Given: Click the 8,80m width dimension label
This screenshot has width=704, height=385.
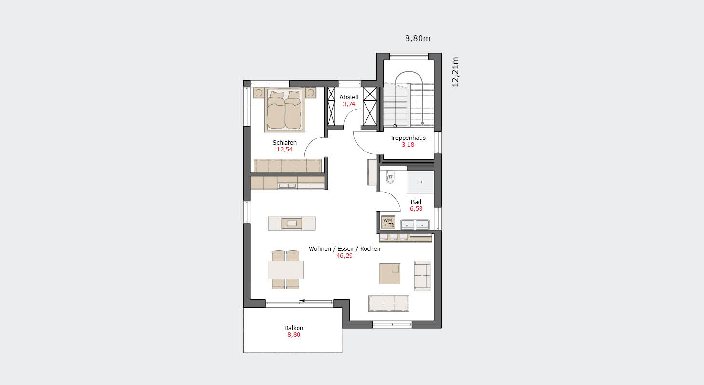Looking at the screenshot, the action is pyautogui.click(x=418, y=39).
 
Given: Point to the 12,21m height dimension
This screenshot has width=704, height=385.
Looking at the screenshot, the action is pyautogui.click(x=455, y=72).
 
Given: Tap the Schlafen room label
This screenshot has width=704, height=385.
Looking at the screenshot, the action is pyautogui.click(x=284, y=142).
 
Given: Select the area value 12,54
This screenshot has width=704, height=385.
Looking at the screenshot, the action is pyautogui.click(x=284, y=150).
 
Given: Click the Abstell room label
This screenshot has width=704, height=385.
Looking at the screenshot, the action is pyautogui.click(x=349, y=97).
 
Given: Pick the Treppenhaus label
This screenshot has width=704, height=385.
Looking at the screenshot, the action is pyautogui.click(x=407, y=138).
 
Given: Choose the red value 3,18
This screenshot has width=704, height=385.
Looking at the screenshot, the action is pyautogui.click(x=407, y=145).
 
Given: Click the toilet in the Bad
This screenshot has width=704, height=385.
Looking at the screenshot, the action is pyautogui.click(x=390, y=177).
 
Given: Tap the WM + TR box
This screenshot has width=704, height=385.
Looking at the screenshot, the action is pyautogui.click(x=388, y=222).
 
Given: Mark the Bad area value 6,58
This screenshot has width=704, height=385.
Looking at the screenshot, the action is pyautogui.click(x=416, y=209).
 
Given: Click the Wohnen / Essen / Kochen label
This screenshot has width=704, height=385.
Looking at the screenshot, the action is pyautogui.click(x=344, y=249).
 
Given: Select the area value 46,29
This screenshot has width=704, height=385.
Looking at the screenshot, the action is pyautogui.click(x=344, y=256).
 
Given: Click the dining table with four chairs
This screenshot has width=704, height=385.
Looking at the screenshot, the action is pyautogui.click(x=285, y=270).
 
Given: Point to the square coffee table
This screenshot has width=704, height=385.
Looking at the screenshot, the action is pyautogui.click(x=390, y=274).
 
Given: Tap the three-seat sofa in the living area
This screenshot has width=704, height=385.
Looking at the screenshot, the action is pyautogui.click(x=389, y=303).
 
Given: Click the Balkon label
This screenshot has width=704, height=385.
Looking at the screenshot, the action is pyautogui.click(x=294, y=328).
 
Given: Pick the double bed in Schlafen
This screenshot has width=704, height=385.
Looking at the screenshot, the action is pyautogui.click(x=284, y=110).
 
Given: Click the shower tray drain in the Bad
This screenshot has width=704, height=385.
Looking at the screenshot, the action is pyautogui.click(x=420, y=182).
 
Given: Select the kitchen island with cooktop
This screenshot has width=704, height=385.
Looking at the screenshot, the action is pyautogui.click(x=292, y=223).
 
